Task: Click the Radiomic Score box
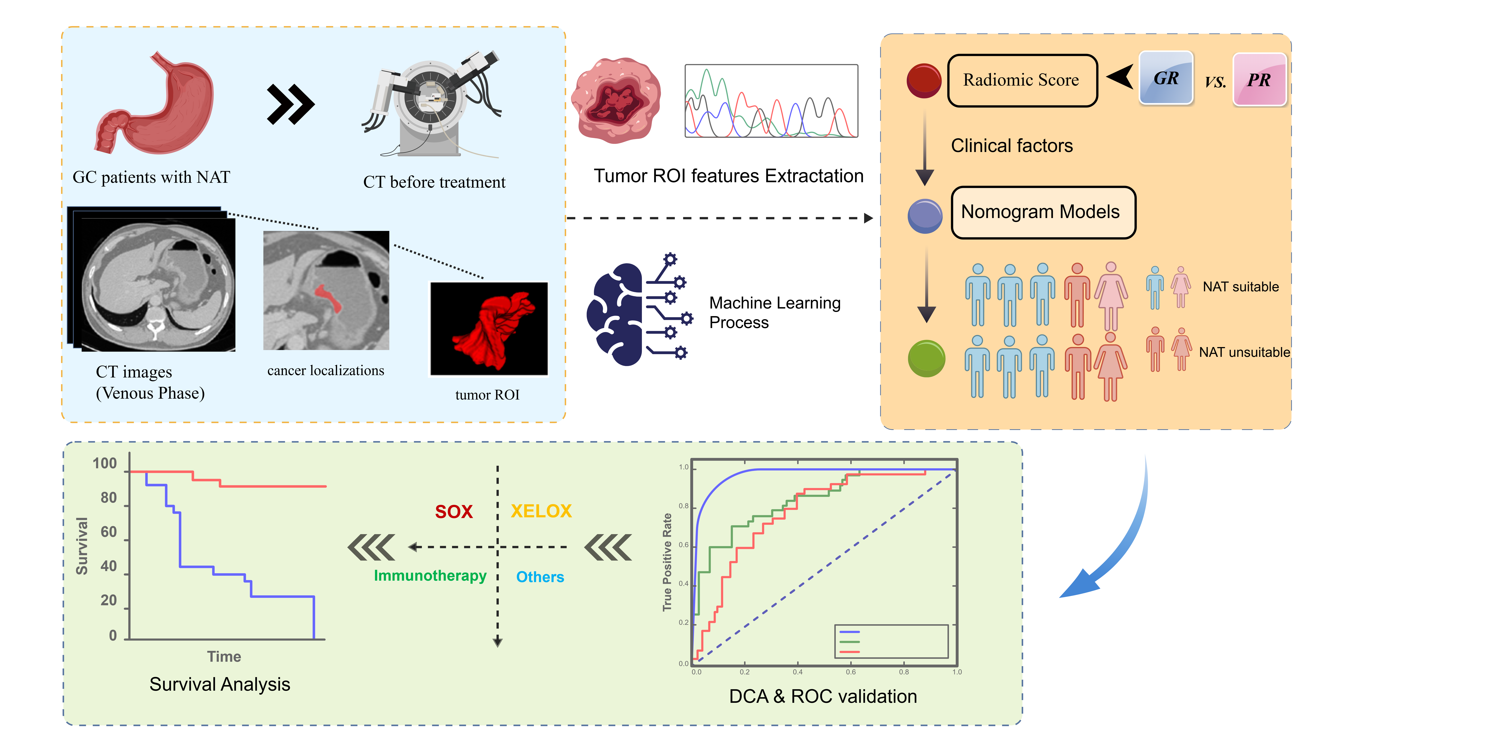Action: [x=1022, y=80]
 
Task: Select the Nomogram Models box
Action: [x=1043, y=212]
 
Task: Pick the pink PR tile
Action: [x=1259, y=80]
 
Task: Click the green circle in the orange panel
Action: [x=926, y=358]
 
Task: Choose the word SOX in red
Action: [x=454, y=512]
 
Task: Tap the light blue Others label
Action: [x=540, y=577]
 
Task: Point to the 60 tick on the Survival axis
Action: [x=109, y=532]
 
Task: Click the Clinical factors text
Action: [x=1012, y=146]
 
